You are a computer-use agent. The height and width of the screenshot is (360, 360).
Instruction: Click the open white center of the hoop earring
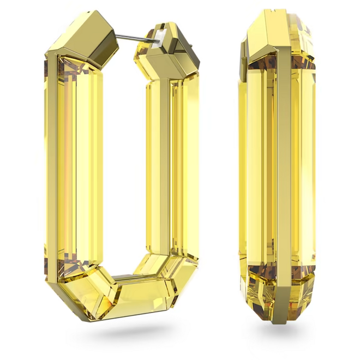click(123, 164)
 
